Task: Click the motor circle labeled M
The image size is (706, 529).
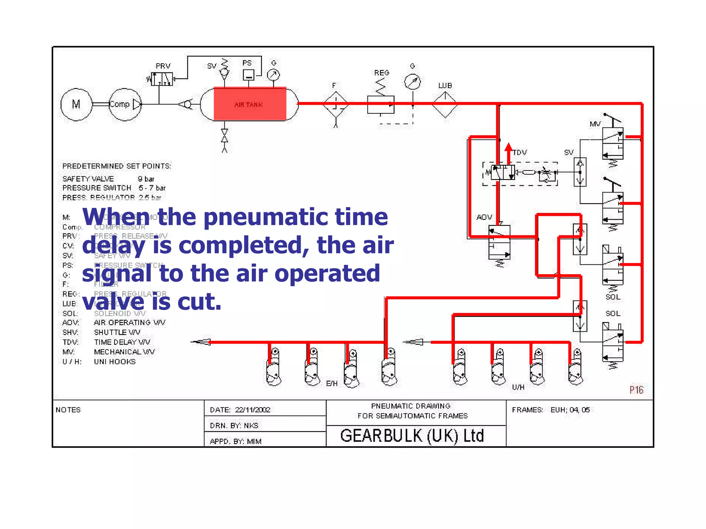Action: pyautogui.click(x=76, y=104)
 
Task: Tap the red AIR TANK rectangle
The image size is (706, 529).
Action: pyautogui.click(x=250, y=104)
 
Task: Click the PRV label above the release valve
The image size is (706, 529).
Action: pyautogui.click(x=163, y=66)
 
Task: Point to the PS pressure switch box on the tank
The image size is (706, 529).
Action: pyautogui.click(x=248, y=75)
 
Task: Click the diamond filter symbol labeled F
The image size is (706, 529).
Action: pyautogui.click(x=336, y=104)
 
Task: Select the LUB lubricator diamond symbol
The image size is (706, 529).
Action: pyautogui.click(x=445, y=104)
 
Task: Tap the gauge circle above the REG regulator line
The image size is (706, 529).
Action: pyautogui.click(x=412, y=82)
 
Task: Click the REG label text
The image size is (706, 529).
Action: pyautogui.click(x=382, y=73)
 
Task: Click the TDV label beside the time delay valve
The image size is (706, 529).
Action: pyautogui.click(x=520, y=152)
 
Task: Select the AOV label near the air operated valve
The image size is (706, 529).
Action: pyautogui.click(x=484, y=217)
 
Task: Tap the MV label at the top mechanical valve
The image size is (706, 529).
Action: pyautogui.click(x=595, y=124)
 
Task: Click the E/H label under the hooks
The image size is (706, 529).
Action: pyautogui.click(x=332, y=383)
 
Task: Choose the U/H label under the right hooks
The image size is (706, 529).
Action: pyautogui.click(x=518, y=387)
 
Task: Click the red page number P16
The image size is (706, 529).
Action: pyautogui.click(x=636, y=390)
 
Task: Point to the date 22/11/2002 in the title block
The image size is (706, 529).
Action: pyautogui.click(x=253, y=410)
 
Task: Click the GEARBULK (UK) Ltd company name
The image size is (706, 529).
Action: pyautogui.click(x=412, y=436)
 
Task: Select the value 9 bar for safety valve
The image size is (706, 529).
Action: pyautogui.click(x=146, y=179)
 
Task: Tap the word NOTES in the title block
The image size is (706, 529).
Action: pyautogui.click(x=68, y=410)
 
